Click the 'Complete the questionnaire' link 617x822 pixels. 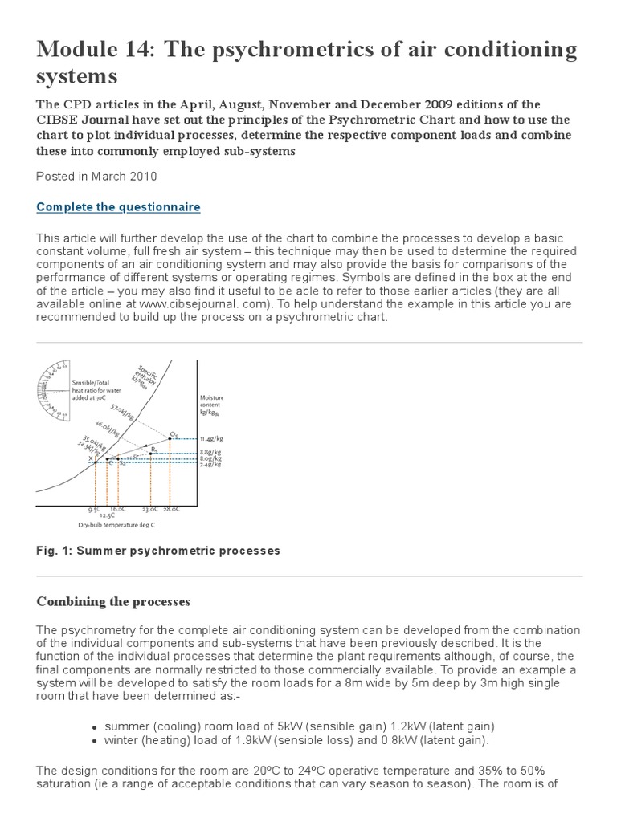coord(118,207)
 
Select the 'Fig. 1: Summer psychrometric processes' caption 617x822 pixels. coord(158,551)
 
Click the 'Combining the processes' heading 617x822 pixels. coord(112,601)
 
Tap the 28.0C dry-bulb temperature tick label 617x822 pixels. coord(172,509)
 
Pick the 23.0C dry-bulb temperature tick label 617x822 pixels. coord(150,509)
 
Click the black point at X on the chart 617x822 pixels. coord(96,462)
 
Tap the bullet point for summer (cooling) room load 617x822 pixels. coord(97,725)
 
